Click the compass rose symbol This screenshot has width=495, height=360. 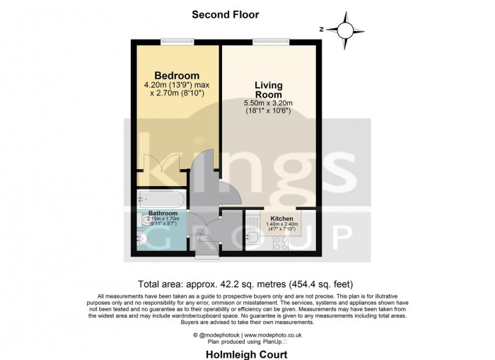[344, 30]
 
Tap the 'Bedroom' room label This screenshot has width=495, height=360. [176, 76]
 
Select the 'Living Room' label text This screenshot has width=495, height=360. [269, 90]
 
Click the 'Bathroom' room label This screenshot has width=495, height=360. [162, 213]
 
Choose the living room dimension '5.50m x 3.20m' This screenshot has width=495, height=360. [269, 103]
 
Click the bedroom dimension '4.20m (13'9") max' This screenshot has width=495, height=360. [176, 85]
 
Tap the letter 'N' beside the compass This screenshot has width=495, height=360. [322, 30]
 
